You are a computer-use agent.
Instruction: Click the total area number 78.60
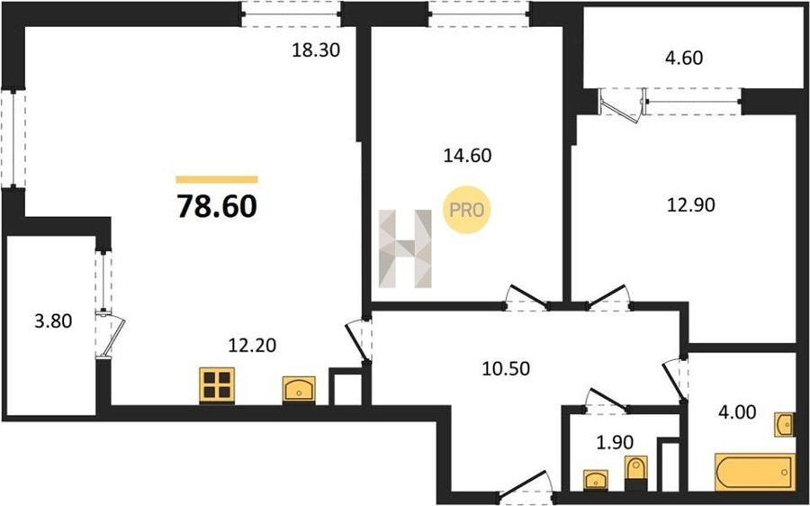pyautogui.click(x=217, y=206)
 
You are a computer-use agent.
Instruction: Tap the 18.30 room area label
pyautogui.click(x=316, y=50)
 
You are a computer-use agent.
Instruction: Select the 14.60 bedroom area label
pyautogui.click(x=467, y=155)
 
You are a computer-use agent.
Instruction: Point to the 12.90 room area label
pyautogui.click(x=691, y=205)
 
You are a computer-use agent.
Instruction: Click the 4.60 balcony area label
pyautogui.click(x=682, y=58)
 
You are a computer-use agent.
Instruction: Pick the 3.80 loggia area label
pyautogui.click(x=53, y=321)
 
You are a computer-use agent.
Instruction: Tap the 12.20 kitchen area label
pyautogui.click(x=252, y=345)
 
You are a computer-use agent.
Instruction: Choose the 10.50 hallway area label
pyautogui.click(x=506, y=368)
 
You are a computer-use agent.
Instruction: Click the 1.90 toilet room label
pyautogui.click(x=614, y=442)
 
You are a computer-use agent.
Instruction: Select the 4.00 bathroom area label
pyautogui.click(x=737, y=412)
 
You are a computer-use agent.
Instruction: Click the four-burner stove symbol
pyautogui.click(x=217, y=385)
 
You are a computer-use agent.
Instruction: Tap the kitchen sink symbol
pyautogui.click(x=299, y=389)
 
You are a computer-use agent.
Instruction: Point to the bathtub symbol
pyautogui.click(x=755, y=472)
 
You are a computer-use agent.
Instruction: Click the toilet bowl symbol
pyautogui.click(x=635, y=473)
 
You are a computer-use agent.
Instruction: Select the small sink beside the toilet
pyautogui.click(x=596, y=480)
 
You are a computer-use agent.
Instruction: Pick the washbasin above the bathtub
pyautogui.click(x=784, y=425)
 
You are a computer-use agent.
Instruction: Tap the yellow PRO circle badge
pyautogui.click(x=466, y=210)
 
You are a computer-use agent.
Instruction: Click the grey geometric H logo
pyautogui.click(x=405, y=248)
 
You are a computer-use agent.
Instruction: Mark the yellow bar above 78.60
pyautogui.click(x=217, y=179)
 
